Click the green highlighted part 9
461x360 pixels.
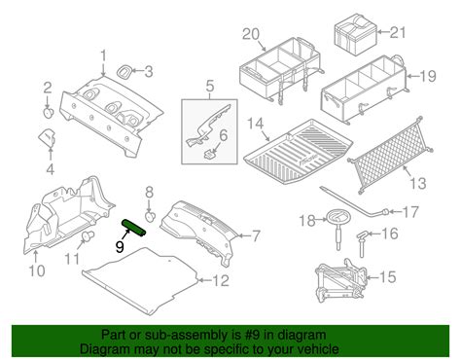tap(133, 228)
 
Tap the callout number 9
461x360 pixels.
tap(120, 247)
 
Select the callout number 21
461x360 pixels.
tap(397, 32)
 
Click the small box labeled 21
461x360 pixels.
tap(355, 34)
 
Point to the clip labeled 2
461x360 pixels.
tap(49, 113)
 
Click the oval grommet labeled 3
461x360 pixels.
tap(124, 72)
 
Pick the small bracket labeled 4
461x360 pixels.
tap(48, 138)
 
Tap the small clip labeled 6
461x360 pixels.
tap(211, 153)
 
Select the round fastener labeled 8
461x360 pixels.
tap(150, 216)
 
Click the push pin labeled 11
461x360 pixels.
tap(87, 235)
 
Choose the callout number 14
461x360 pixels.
tap(256, 125)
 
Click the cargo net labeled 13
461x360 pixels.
tap(390, 155)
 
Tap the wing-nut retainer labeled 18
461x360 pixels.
tap(337, 227)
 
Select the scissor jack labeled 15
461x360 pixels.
tap(342, 278)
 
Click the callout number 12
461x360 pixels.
tap(221, 281)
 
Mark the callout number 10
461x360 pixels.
tap(37, 270)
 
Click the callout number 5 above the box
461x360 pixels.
tap(210, 87)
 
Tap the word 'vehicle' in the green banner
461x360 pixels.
tap(319, 349)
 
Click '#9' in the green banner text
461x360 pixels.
tap(253, 335)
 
